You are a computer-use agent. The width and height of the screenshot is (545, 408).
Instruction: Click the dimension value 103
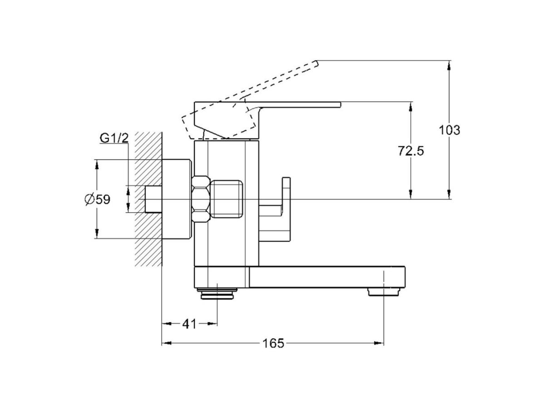(450, 130)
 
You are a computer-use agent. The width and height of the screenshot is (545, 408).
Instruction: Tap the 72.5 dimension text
(411, 151)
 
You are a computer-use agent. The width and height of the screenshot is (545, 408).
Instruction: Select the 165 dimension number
(273, 343)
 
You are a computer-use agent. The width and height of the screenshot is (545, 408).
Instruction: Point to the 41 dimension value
(189, 324)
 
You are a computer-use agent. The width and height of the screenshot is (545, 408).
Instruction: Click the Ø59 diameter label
(97, 199)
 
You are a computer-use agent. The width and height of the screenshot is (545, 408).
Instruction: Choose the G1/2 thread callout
(114, 138)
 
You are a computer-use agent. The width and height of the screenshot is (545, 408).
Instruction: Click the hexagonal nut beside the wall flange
(201, 199)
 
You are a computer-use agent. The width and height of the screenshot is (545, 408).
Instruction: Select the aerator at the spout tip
(384, 291)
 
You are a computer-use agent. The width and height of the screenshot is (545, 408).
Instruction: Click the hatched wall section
(148, 199)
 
